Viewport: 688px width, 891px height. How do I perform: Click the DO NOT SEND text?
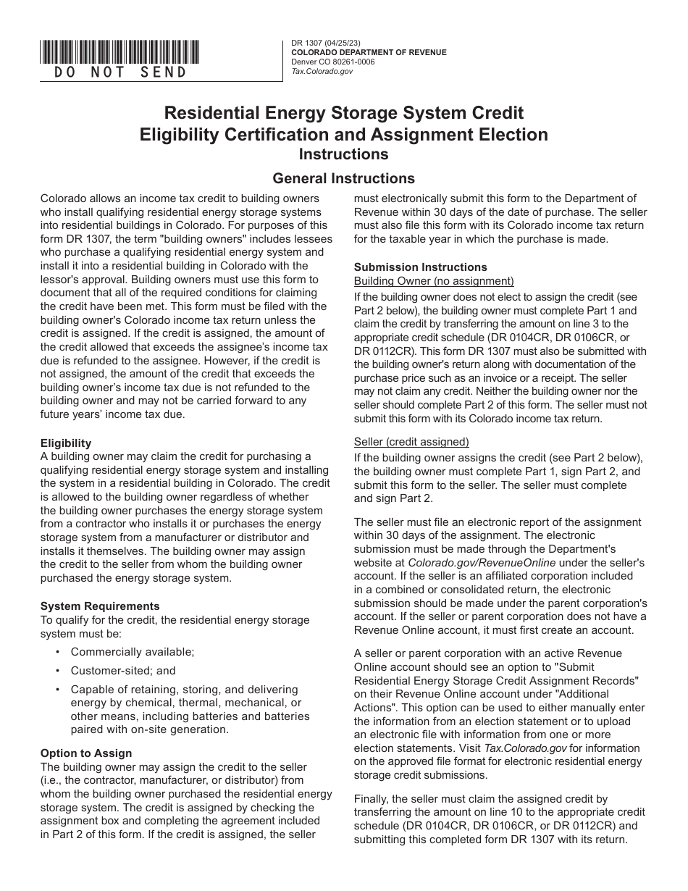120,72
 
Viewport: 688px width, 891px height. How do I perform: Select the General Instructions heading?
343,178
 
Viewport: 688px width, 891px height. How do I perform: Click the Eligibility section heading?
66,443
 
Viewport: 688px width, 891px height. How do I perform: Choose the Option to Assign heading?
86,753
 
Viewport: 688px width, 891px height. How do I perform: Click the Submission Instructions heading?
420,267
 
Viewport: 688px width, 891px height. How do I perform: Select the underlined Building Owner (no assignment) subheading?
434,280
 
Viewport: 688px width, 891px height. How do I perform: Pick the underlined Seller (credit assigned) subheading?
411,442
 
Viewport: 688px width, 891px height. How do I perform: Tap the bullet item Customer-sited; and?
123,671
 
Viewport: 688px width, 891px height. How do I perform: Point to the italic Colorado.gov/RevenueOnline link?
482,562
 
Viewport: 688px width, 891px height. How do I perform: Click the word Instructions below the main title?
344,154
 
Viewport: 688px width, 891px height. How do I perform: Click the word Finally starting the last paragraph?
372,799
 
